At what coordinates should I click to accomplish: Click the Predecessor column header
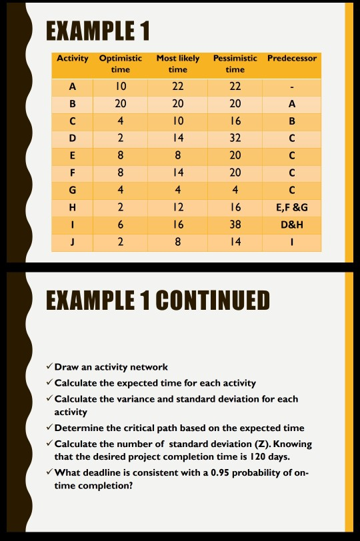pos(292,59)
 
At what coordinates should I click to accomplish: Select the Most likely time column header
pos(178,64)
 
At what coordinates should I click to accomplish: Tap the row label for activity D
pos(73,137)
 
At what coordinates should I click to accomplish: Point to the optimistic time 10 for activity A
pos(121,87)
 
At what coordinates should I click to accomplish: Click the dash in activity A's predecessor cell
pos(292,87)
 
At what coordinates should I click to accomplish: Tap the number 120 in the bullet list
pos(257,457)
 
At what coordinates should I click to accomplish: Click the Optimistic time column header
pos(121,64)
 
